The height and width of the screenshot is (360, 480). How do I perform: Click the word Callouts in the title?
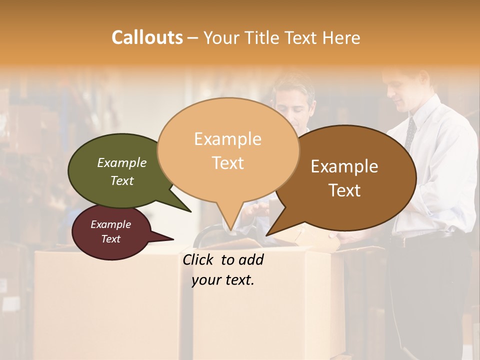(x=147, y=37)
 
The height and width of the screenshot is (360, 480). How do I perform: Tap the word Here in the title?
(x=342, y=37)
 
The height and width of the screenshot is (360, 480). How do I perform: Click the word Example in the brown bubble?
(x=344, y=166)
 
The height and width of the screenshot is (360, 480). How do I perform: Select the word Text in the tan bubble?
(x=228, y=163)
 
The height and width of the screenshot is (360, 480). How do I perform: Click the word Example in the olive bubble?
(x=122, y=163)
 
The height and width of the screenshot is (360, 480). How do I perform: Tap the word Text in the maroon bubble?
(x=111, y=239)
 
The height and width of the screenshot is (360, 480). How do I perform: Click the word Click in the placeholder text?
(x=199, y=259)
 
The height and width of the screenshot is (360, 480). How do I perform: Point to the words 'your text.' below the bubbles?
(x=223, y=280)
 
